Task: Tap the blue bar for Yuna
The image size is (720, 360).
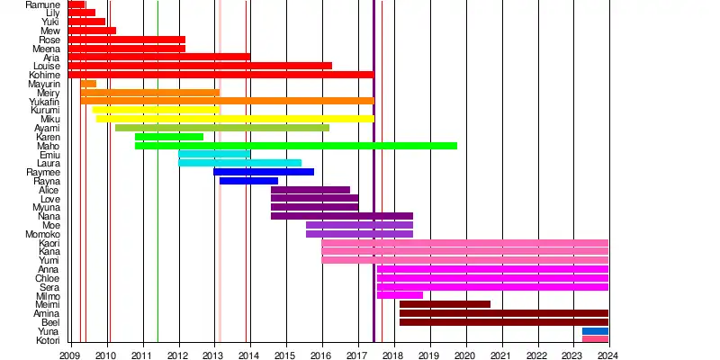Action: click(595, 331)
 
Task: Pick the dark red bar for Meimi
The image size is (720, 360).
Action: click(445, 304)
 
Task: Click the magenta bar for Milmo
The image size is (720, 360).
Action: click(400, 295)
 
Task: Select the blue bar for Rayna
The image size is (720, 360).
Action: click(248, 181)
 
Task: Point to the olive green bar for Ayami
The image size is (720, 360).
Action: click(222, 128)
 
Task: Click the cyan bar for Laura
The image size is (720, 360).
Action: click(239, 163)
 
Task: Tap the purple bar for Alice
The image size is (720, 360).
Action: click(310, 190)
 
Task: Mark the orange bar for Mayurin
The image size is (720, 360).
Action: click(88, 84)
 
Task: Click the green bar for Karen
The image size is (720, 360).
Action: click(169, 137)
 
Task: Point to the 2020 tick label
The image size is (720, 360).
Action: click(465, 355)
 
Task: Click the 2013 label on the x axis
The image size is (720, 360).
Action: click(213, 355)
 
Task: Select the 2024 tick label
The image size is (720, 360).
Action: click(608, 355)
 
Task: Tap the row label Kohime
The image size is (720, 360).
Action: click(44, 75)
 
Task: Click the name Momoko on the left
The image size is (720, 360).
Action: click(42, 234)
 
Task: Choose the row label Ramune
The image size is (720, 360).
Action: click(42, 4)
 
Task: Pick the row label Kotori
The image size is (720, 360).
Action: click(47, 340)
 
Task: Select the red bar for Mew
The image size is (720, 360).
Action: click(92, 31)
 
